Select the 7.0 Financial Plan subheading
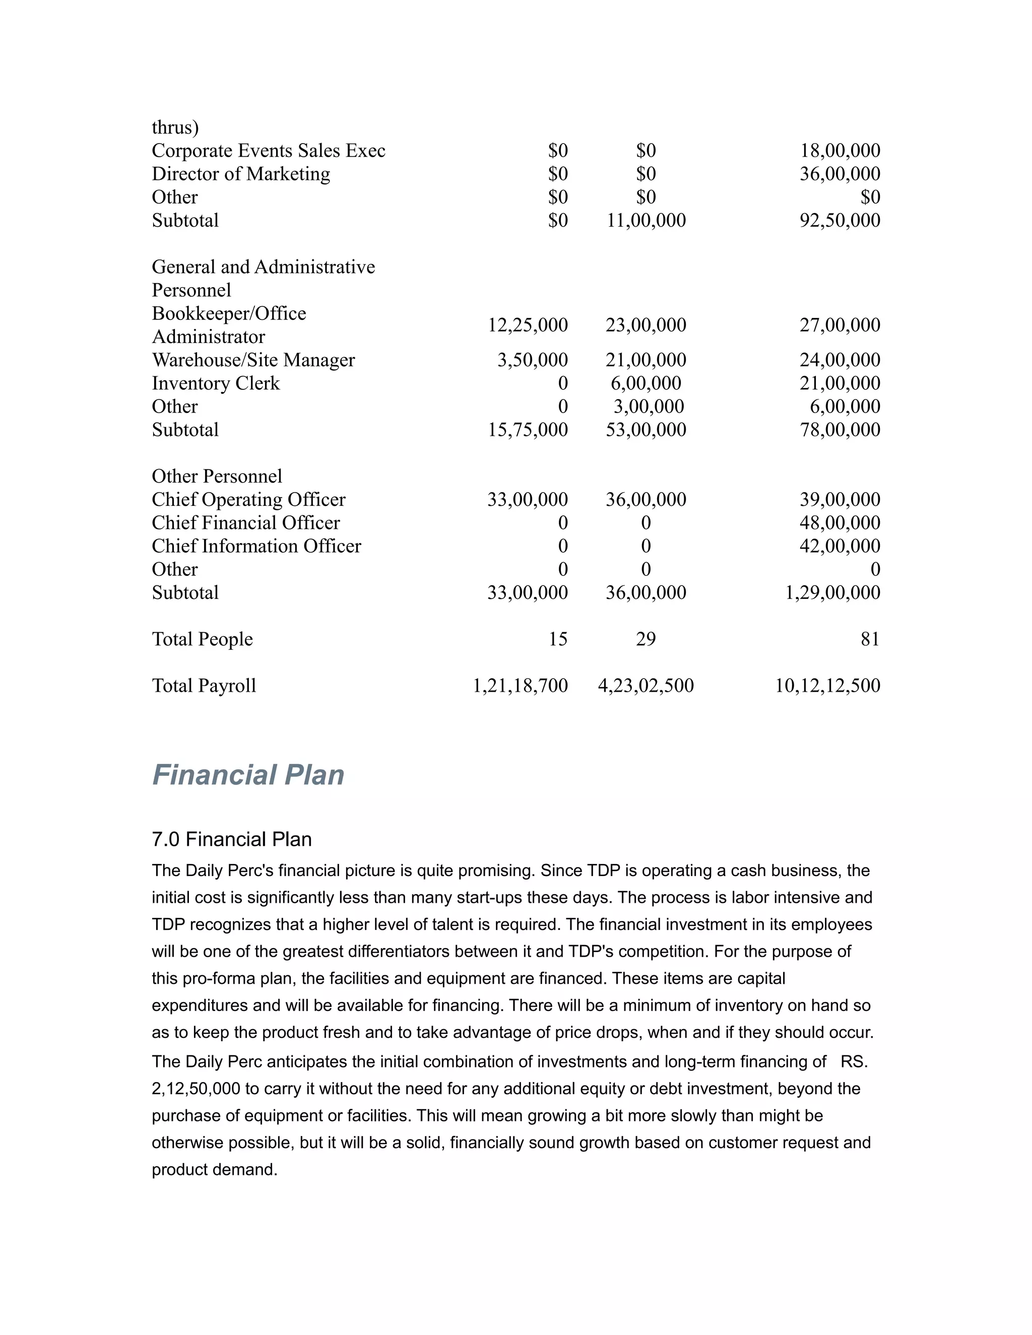tap(231, 839)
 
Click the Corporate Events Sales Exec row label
tap(269, 150)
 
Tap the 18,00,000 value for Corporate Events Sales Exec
tap(840, 150)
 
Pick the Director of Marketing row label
tap(241, 174)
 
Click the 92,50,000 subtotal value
tap(840, 220)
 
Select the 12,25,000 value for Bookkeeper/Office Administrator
tap(527, 324)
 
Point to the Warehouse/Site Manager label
tap(253, 360)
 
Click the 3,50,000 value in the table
tap(532, 360)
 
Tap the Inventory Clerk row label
tap(215, 383)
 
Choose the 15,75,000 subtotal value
tap(527, 430)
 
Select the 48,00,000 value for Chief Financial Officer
tap(840, 522)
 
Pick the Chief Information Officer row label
tap(256, 546)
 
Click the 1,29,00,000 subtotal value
tap(832, 592)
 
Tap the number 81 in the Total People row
tap(869, 639)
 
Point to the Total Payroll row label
tap(204, 685)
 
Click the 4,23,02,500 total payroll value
tap(646, 685)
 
